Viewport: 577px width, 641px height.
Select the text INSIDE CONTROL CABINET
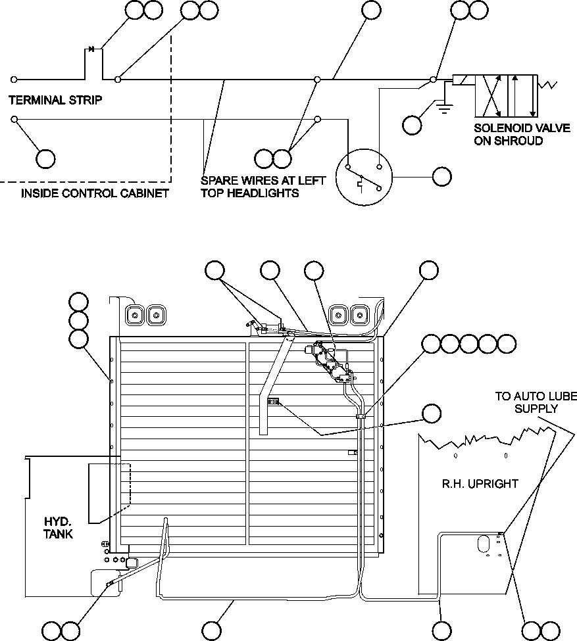click(x=95, y=193)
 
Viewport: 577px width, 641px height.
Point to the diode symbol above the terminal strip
click(x=92, y=49)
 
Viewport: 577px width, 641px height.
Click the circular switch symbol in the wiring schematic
click(x=364, y=178)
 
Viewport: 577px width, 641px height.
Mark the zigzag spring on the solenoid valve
click(x=547, y=85)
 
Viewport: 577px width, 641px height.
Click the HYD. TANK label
click(x=59, y=527)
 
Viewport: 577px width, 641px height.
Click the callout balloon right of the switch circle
click(x=442, y=177)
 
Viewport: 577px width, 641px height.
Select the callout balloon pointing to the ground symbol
click(x=413, y=125)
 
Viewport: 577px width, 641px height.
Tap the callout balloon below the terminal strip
click(x=45, y=158)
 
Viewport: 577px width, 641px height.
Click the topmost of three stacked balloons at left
click(x=78, y=302)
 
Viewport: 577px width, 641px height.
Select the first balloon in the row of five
click(x=431, y=344)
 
